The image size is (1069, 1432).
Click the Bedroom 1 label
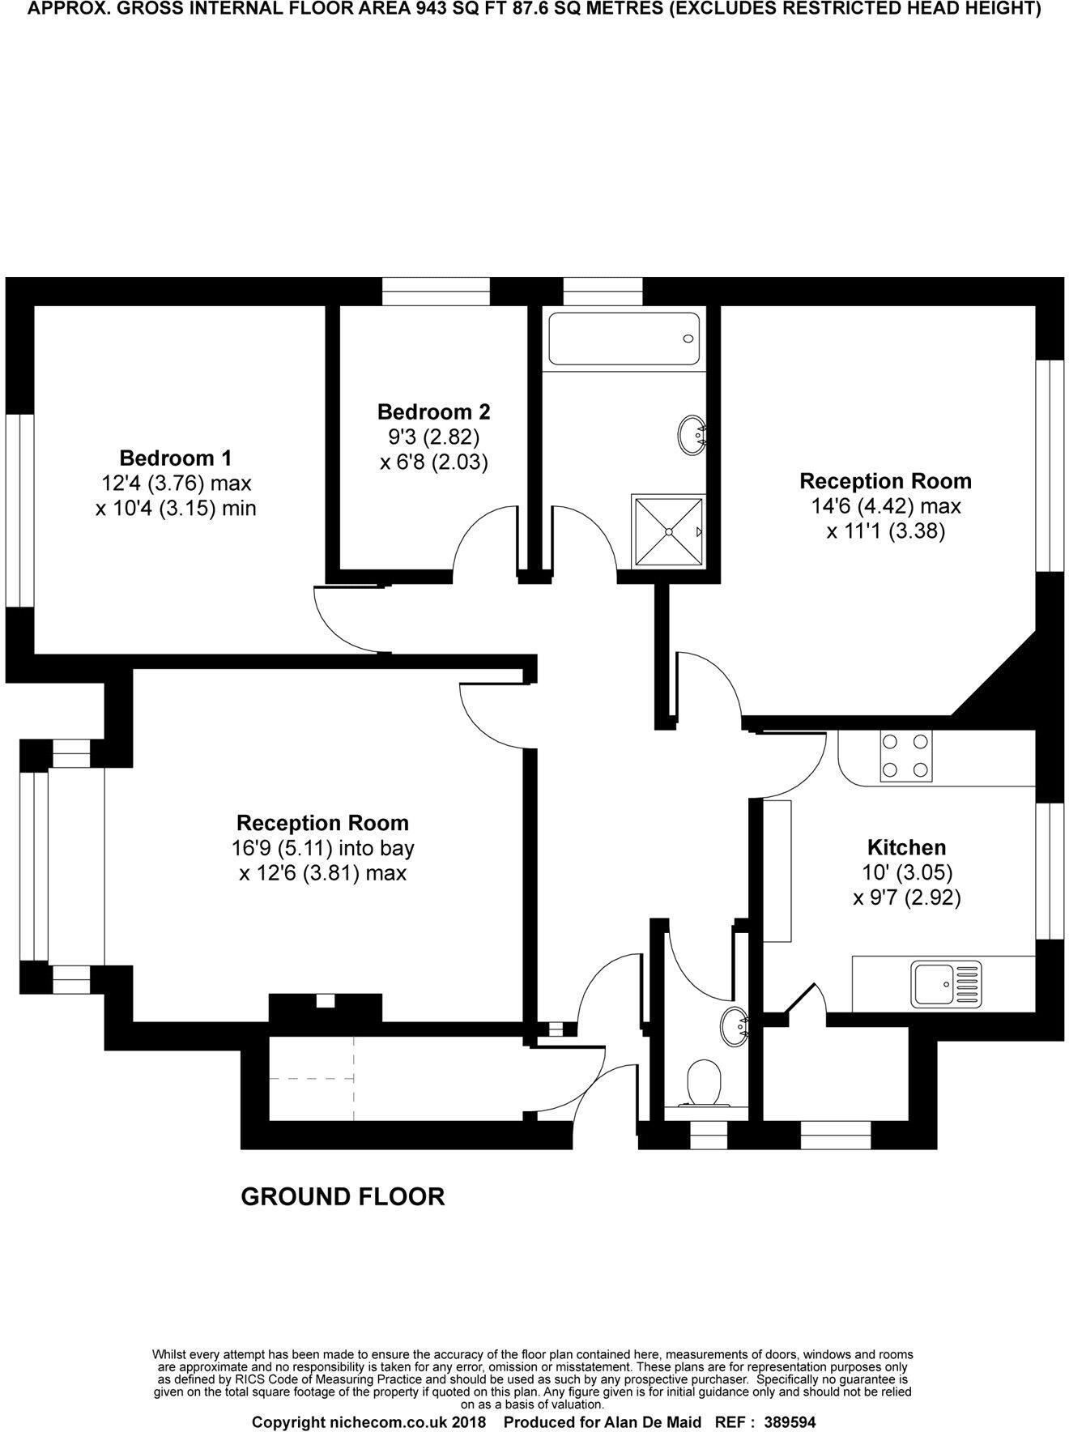tap(176, 458)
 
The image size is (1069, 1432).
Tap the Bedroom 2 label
tap(433, 411)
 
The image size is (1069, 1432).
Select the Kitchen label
tap(906, 847)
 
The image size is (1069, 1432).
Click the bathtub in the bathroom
tap(623, 339)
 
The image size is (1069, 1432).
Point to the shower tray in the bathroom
tap(668, 531)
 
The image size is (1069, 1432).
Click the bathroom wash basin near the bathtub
tap(691, 433)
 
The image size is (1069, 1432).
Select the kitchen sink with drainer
tap(945, 984)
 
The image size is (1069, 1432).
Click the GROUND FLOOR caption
tap(343, 1197)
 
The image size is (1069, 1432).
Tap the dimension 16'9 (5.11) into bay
tap(322, 848)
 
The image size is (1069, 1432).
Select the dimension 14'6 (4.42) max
tap(886, 506)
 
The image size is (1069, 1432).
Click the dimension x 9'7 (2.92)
tap(906, 897)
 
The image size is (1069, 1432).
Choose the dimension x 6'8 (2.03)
tap(433, 462)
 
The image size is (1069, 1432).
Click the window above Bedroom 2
tap(436, 292)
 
